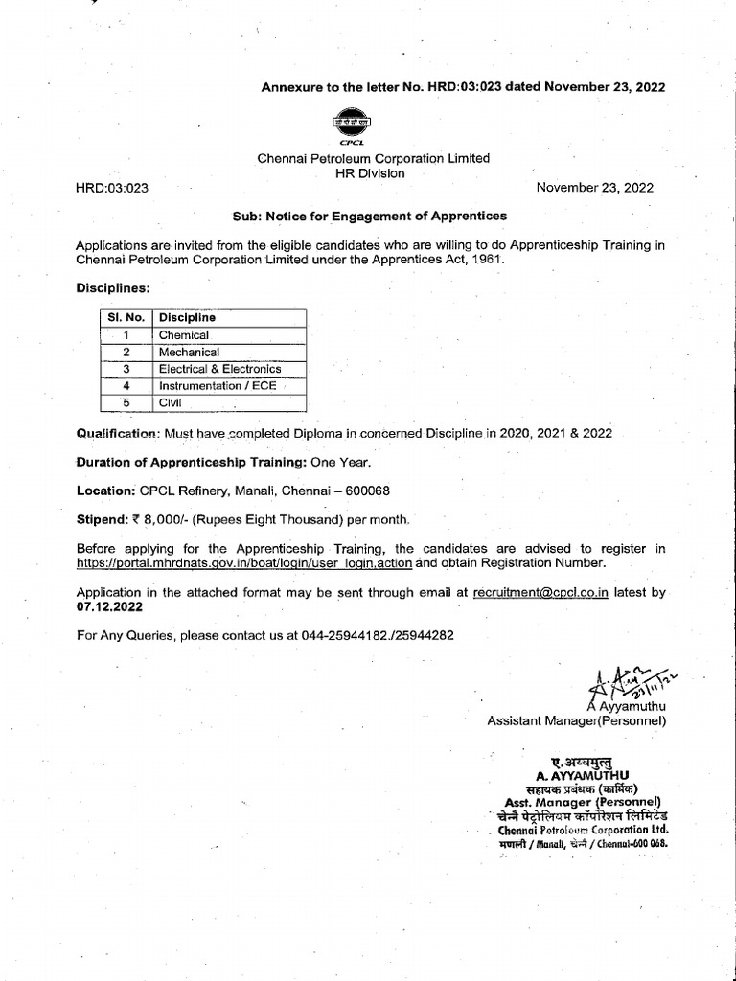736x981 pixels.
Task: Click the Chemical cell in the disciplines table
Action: pos(183,335)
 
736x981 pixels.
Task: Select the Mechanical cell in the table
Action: pos(189,352)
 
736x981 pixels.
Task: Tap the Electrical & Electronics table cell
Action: pos(219,369)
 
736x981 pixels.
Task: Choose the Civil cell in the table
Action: pos(170,403)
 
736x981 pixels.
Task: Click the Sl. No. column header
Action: pos(123,317)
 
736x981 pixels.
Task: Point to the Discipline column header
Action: pos(187,317)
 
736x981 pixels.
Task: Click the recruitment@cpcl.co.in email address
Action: pos(540,593)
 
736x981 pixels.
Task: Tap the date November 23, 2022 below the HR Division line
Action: pos(595,188)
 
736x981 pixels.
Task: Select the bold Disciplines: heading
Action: pos(112,287)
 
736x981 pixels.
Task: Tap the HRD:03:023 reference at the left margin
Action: pos(112,188)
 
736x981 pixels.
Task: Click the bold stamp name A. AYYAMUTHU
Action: pos(577,774)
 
